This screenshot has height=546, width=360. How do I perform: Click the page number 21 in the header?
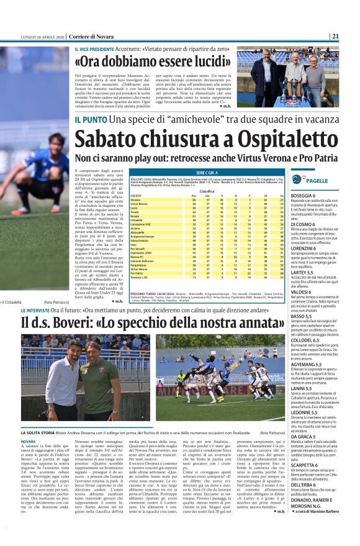tap(335, 36)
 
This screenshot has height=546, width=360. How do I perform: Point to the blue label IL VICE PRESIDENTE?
tap(96, 49)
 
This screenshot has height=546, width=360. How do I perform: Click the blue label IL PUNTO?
tap(91, 119)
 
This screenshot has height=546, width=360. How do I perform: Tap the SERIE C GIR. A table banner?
tap(207, 172)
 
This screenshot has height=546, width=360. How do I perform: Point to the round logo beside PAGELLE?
tap(297, 180)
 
